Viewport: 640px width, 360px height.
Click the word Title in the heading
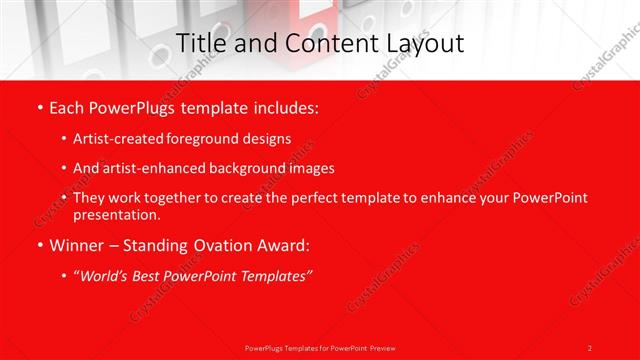199,43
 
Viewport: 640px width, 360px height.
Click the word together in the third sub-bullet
177,198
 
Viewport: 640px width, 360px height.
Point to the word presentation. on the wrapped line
116,214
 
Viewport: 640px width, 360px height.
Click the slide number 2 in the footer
590,348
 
